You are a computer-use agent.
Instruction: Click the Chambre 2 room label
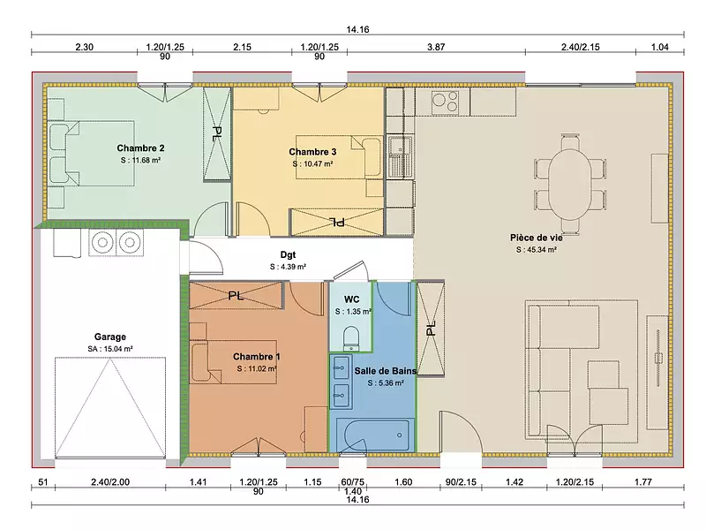[x=140, y=148]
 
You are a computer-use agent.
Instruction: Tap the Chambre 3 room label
[x=312, y=151]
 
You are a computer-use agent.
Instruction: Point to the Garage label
[x=110, y=337]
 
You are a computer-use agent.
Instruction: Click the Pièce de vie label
[x=536, y=237]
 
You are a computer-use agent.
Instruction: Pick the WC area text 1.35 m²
[x=357, y=312]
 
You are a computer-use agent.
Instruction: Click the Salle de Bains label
[x=379, y=371]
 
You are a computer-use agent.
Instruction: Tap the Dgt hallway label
[x=288, y=254]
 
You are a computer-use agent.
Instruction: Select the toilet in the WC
[x=349, y=337]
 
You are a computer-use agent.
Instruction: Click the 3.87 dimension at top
[x=436, y=46]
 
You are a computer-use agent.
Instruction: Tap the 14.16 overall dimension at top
[x=357, y=30]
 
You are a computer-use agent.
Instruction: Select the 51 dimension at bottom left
[x=41, y=482]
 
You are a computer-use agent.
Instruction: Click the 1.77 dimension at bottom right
[x=642, y=482]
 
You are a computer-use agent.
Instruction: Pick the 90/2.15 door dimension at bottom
[x=460, y=482]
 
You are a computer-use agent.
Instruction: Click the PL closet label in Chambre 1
[x=236, y=296]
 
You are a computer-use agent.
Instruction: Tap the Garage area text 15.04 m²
[x=110, y=349]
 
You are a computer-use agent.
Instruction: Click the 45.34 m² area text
[x=536, y=250]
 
